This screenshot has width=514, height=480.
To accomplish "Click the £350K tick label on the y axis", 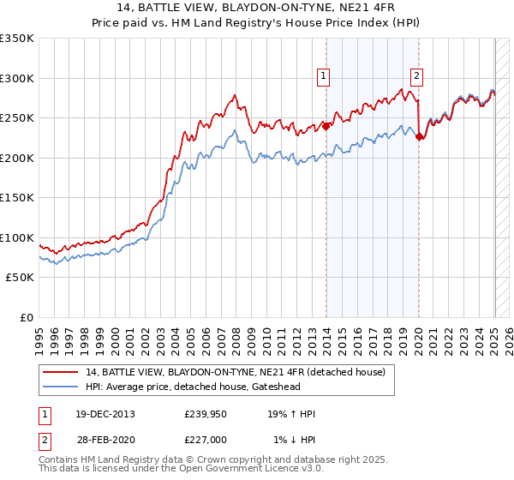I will pos(17,39).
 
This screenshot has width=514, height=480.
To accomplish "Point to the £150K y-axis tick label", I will pos(17,198).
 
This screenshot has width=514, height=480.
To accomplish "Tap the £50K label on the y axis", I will pos(20,278).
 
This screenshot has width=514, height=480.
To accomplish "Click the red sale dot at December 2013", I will pos(326,126).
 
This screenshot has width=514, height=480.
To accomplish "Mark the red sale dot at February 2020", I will pos(419,136).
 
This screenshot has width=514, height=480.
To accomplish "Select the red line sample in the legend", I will pos(62,372).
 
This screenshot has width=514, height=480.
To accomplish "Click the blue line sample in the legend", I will pos(62,386).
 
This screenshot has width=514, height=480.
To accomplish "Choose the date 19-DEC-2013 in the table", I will pos(105,414).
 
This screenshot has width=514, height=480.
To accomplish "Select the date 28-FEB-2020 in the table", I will pos(105,440).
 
